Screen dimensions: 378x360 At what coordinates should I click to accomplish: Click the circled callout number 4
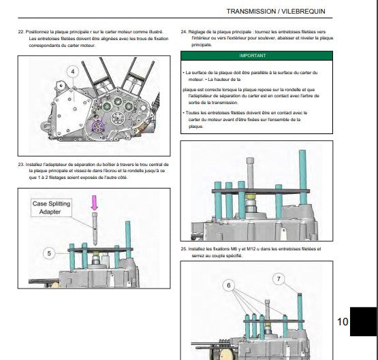[73, 71]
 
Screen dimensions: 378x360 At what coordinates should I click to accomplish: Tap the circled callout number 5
[49, 253]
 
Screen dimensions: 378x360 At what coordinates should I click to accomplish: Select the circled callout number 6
[229, 285]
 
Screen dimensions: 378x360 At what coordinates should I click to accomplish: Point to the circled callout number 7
[279, 279]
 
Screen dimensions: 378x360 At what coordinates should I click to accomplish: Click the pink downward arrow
[94, 203]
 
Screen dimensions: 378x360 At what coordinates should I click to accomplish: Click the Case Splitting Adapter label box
[51, 208]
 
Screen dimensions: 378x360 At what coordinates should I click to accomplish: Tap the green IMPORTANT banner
[257, 56]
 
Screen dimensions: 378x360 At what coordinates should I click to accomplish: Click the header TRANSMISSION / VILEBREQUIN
[276, 12]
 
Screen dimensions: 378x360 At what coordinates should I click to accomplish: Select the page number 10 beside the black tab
[343, 322]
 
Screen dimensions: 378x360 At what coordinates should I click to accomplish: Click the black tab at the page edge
[363, 321]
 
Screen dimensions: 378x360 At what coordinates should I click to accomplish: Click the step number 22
[21, 32]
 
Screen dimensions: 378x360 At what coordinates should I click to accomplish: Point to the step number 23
[21, 165]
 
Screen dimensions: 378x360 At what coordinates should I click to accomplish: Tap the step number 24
[184, 32]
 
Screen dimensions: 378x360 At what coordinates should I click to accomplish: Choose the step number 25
[184, 249]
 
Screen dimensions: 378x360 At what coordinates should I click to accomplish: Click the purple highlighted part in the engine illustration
[98, 127]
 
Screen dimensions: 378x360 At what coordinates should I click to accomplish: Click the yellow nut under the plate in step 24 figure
[250, 197]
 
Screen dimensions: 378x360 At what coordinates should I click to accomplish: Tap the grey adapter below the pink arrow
[95, 229]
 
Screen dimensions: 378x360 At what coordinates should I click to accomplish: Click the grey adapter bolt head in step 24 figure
[250, 161]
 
